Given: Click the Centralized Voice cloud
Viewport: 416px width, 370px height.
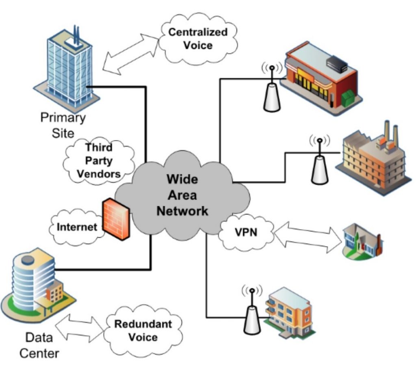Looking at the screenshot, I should (197, 39).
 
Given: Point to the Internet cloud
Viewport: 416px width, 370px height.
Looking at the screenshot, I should (76, 226).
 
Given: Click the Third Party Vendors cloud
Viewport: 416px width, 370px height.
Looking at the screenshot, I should (98, 161).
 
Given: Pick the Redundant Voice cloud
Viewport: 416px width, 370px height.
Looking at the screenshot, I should (142, 330).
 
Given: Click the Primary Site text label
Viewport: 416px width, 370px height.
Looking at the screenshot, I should (63, 125).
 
